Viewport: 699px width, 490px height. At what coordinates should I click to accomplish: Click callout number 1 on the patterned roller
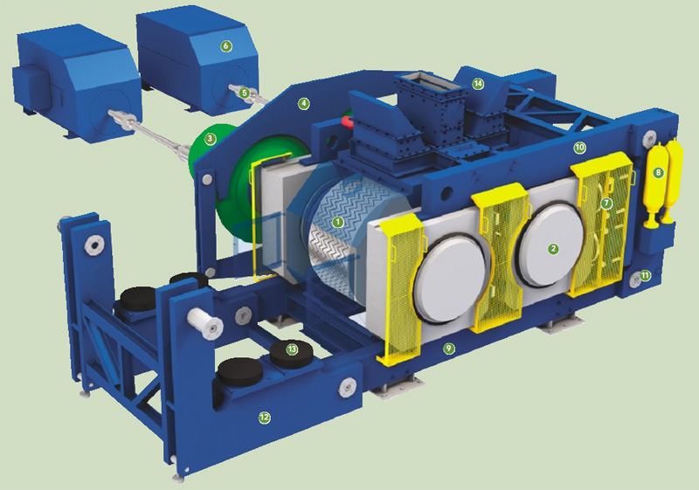pyautogui.click(x=338, y=221)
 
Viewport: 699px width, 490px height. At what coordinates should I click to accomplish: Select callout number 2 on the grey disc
pyautogui.click(x=553, y=249)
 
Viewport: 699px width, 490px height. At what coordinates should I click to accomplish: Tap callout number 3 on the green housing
pyautogui.click(x=210, y=140)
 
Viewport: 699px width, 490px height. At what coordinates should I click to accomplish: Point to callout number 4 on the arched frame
pyautogui.click(x=303, y=104)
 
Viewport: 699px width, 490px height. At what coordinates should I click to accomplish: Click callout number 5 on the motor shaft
pyautogui.click(x=244, y=93)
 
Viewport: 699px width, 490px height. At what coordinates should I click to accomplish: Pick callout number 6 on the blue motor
pyautogui.click(x=225, y=46)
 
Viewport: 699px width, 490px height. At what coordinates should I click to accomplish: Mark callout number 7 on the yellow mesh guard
pyautogui.click(x=606, y=204)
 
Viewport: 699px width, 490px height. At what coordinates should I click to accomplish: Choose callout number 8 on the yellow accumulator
pyautogui.click(x=658, y=173)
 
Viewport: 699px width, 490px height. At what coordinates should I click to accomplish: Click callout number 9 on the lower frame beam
pyautogui.click(x=449, y=349)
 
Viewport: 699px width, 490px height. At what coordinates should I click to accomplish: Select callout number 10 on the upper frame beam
pyautogui.click(x=579, y=148)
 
